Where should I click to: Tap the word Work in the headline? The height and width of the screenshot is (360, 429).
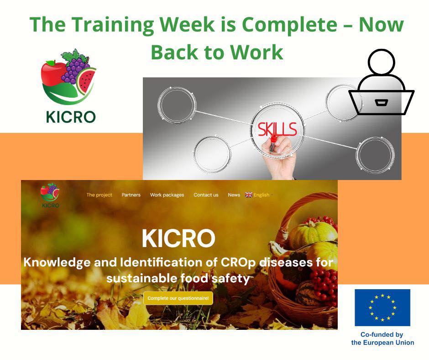pos(256,52)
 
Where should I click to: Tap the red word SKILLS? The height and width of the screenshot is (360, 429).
pos(277,129)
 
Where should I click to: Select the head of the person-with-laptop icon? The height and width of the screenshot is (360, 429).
pos(382,62)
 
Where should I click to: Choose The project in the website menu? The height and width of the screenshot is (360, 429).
pos(99,195)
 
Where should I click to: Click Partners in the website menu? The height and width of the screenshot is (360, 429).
pos(131,195)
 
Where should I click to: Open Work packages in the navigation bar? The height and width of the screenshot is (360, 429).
pos(167,195)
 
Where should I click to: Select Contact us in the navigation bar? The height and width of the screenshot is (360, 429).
pos(206,195)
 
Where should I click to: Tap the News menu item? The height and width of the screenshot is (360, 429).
pos(234,195)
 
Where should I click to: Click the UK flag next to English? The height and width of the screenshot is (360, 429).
pos(249,195)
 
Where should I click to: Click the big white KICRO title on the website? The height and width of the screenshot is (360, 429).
pos(178,238)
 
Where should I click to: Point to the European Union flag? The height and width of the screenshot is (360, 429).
pos(382,307)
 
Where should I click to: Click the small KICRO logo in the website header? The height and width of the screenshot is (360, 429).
pos(50,196)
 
